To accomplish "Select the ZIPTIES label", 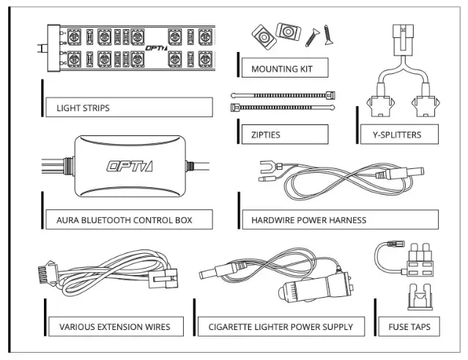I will pyautogui.click(x=265, y=135).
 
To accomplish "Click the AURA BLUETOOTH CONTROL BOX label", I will pyautogui.click(x=125, y=219).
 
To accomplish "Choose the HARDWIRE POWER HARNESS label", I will pyautogui.click(x=308, y=219).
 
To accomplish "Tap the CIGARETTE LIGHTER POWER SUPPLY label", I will pyautogui.click(x=281, y=326).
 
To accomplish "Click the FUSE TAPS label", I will pyautogui.click(x=409, y=326).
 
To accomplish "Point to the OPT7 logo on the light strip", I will pyautogui.click(x=157, y=47).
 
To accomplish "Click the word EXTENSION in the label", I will pyautogui.click(x=120, y=326).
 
